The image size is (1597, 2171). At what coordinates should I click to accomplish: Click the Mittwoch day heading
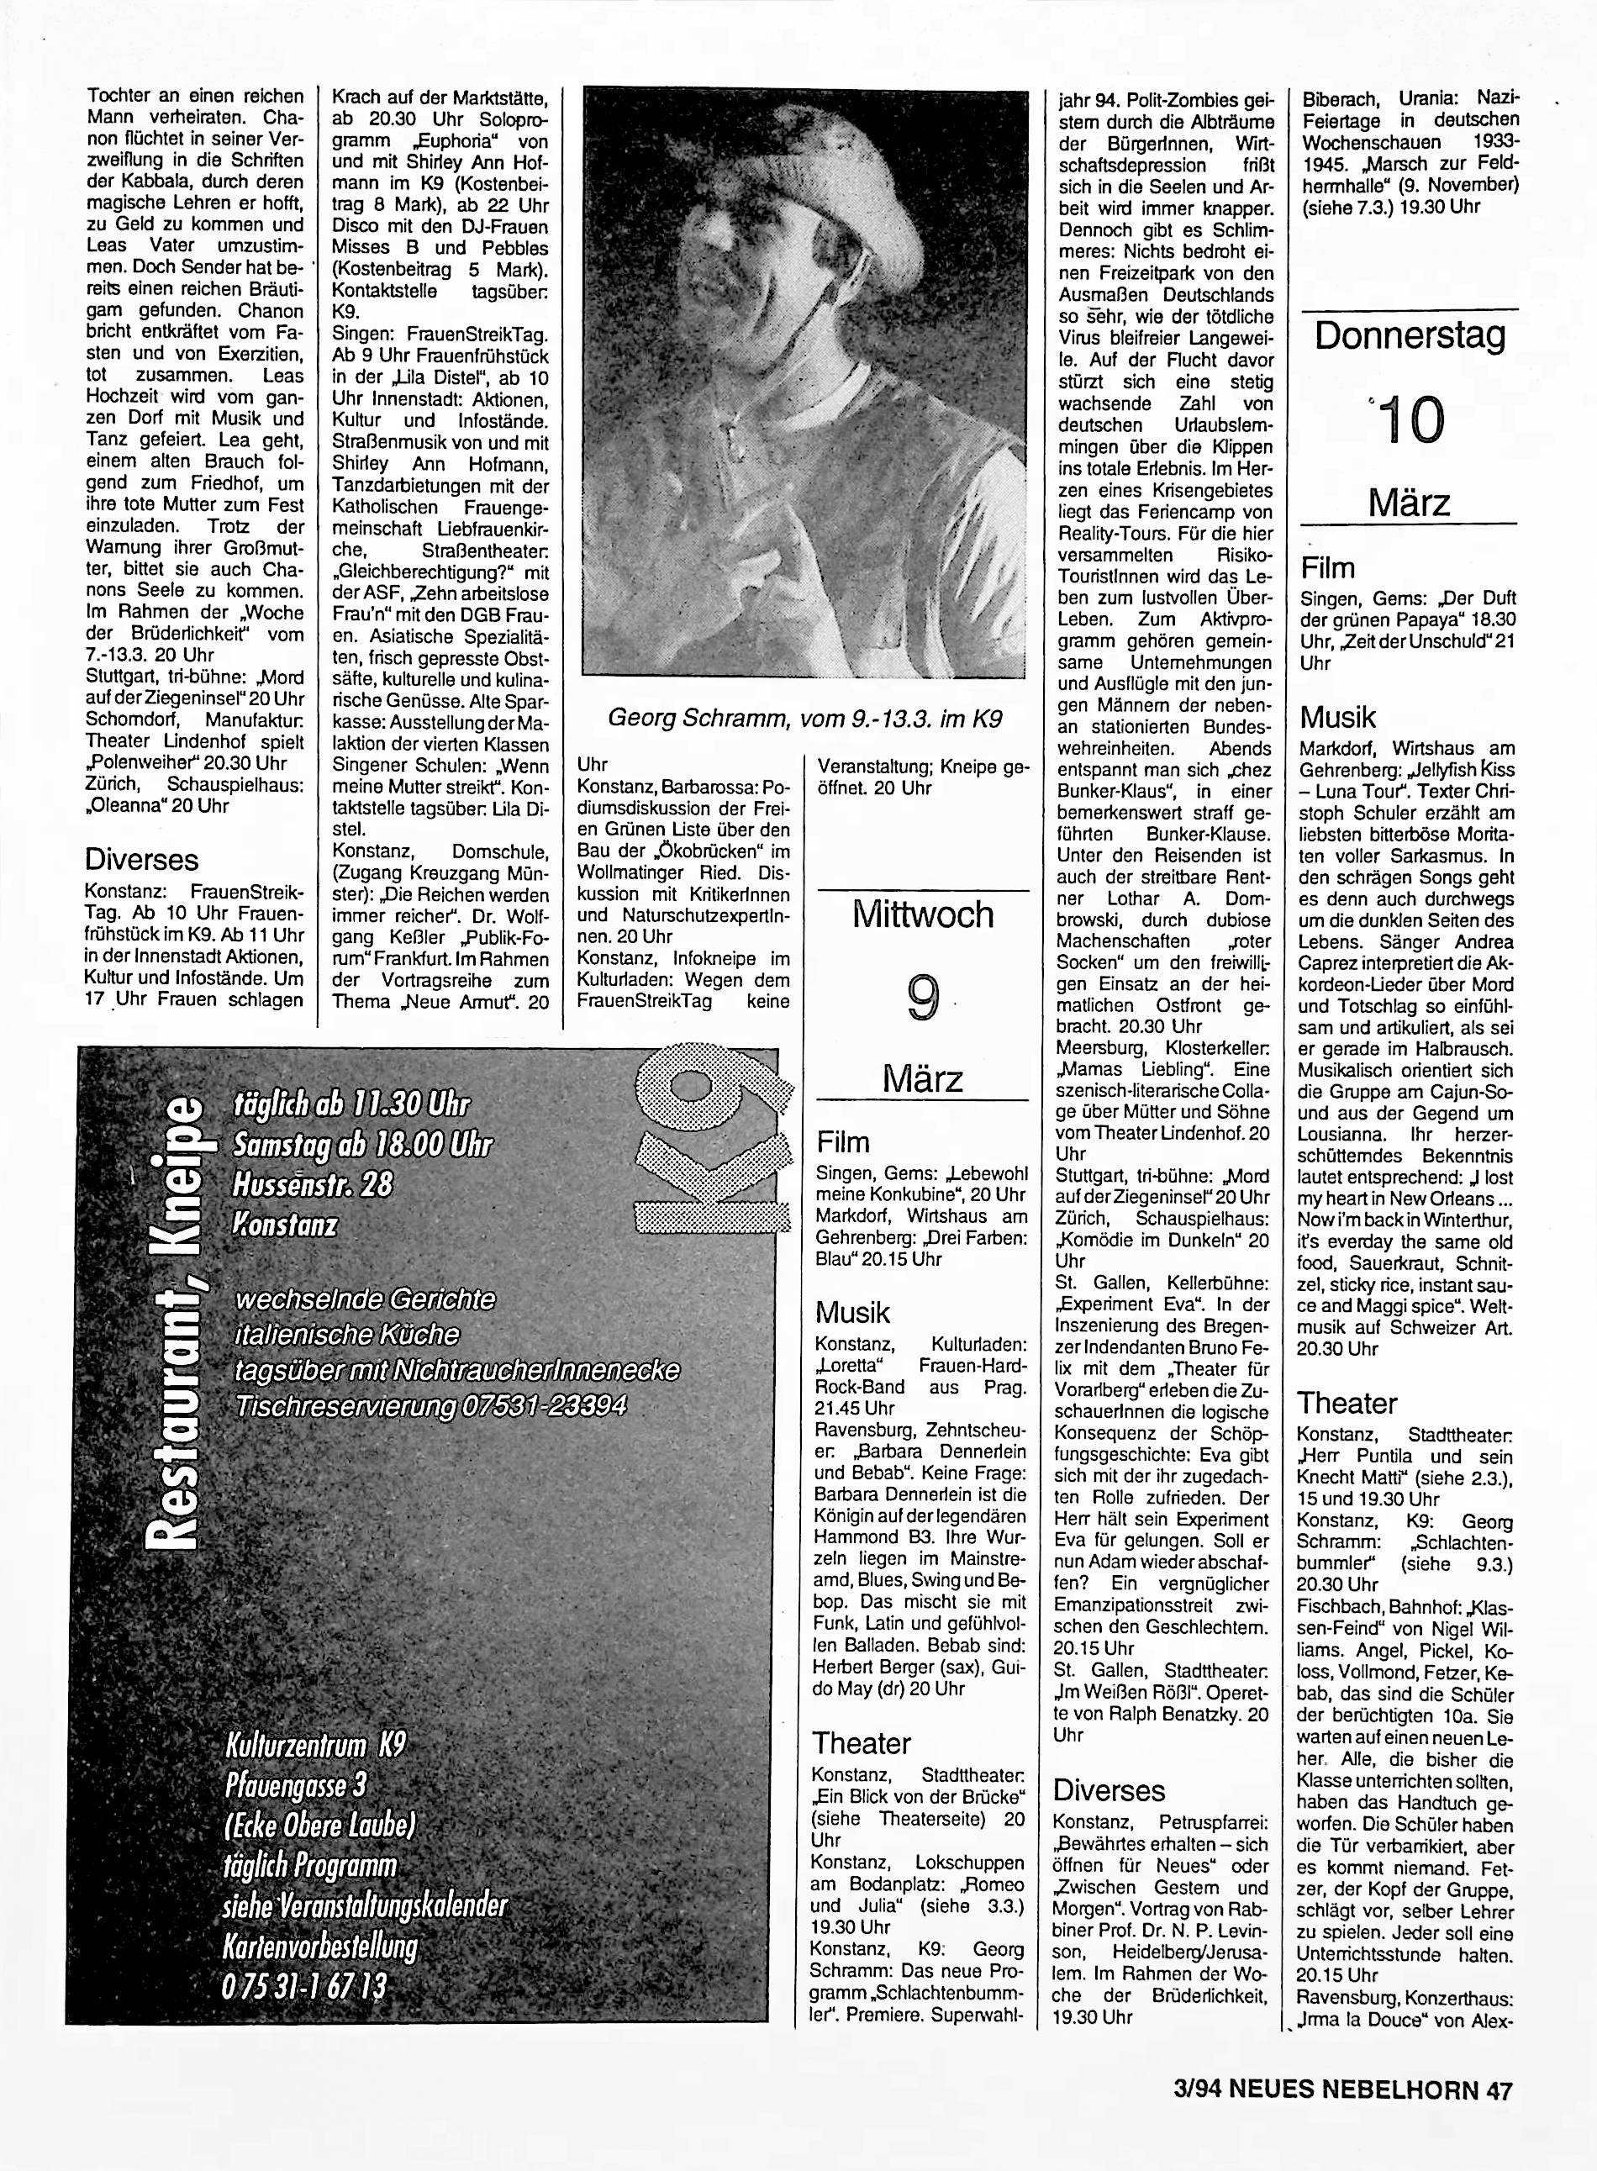922,914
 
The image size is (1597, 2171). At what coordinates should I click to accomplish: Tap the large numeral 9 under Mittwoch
923,998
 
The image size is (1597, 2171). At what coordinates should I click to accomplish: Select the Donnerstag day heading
1410,336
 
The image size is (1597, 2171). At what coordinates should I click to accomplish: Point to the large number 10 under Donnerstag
1412,420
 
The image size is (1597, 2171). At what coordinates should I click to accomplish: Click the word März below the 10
1410,503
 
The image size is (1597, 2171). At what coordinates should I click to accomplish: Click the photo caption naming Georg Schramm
804,719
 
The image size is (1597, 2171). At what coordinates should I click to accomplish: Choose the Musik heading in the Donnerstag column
1338,717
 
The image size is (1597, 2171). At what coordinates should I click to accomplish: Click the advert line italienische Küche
347,1335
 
